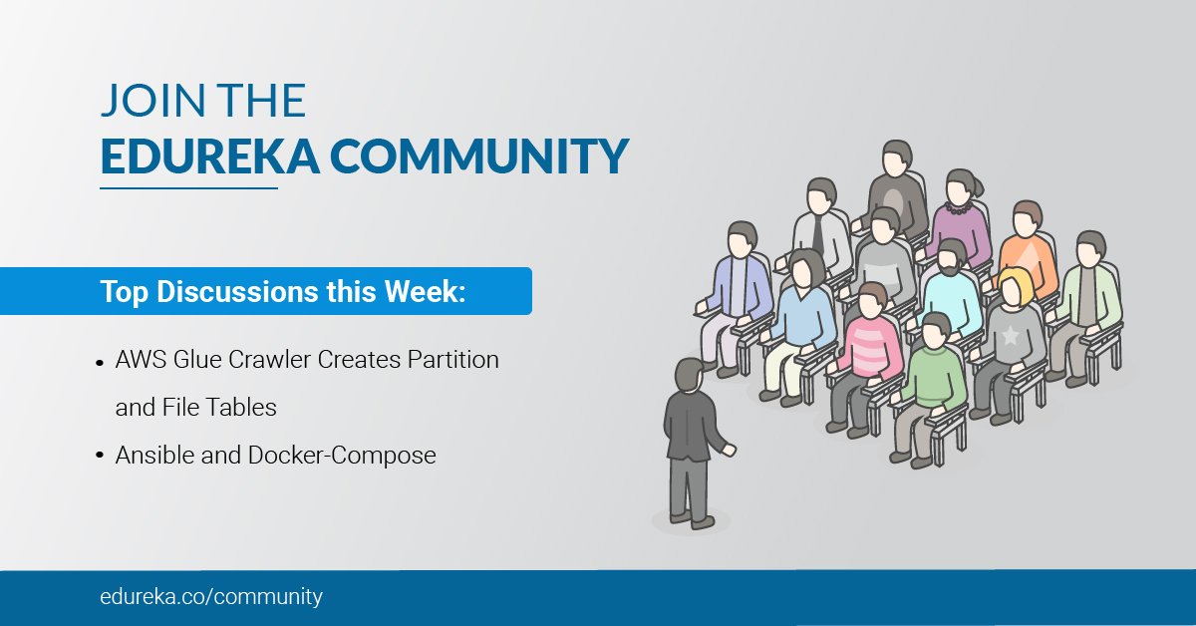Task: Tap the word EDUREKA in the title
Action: (210, 156)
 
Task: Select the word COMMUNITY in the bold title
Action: (479, 156)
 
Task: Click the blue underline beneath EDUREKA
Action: (189, 188)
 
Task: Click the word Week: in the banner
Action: (426, 292)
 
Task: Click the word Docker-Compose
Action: (342, 456)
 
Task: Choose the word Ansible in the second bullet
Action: (154, 456)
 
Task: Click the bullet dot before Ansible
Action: (100, 456)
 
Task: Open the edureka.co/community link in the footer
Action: (211, 597)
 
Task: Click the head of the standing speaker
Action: (690, 376)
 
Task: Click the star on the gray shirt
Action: (1010, 336)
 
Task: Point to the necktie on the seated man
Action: (818, 235)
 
